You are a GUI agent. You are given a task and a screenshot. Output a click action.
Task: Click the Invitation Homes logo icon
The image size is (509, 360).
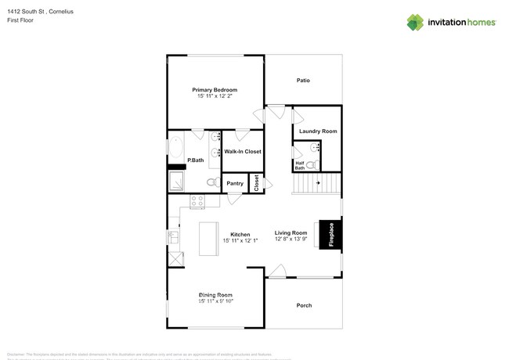coord(415,22)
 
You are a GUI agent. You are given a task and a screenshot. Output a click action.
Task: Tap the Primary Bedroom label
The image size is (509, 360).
coord(215,90)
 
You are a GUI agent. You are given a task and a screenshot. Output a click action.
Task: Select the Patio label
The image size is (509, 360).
coord(303,80)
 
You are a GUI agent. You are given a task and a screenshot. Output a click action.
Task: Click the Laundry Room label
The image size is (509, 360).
coord(318,131)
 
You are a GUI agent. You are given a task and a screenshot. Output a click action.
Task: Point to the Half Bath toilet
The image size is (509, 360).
coord(311,164)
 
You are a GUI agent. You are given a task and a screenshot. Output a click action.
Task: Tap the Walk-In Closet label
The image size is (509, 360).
coord(243,152)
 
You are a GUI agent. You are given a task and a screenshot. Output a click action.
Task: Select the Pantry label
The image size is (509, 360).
coord(235,184)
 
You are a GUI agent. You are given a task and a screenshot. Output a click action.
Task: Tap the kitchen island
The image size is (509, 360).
coord(208,238)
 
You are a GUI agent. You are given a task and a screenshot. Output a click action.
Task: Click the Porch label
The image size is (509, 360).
coord(303,305)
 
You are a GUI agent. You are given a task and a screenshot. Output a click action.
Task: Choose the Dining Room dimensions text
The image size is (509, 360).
coord(216,301)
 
